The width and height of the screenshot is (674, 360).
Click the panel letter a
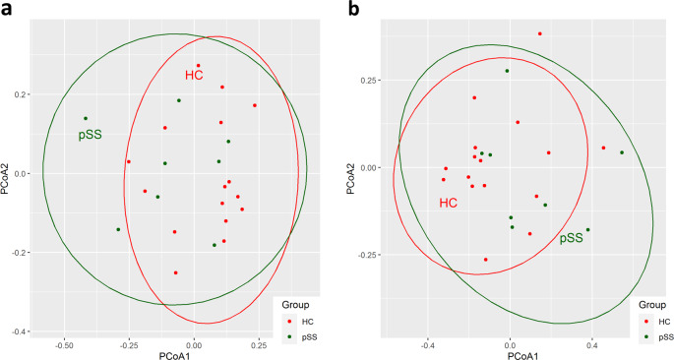[7, 9]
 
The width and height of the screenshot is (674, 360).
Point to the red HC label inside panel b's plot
[449, 204]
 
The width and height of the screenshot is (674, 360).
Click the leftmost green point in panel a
[86, 119]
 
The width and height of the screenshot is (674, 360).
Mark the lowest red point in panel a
[176, 272]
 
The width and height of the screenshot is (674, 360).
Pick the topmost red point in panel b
[540, 33]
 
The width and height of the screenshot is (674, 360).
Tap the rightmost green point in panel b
[622, 152]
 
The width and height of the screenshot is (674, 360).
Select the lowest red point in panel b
[485, 260]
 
